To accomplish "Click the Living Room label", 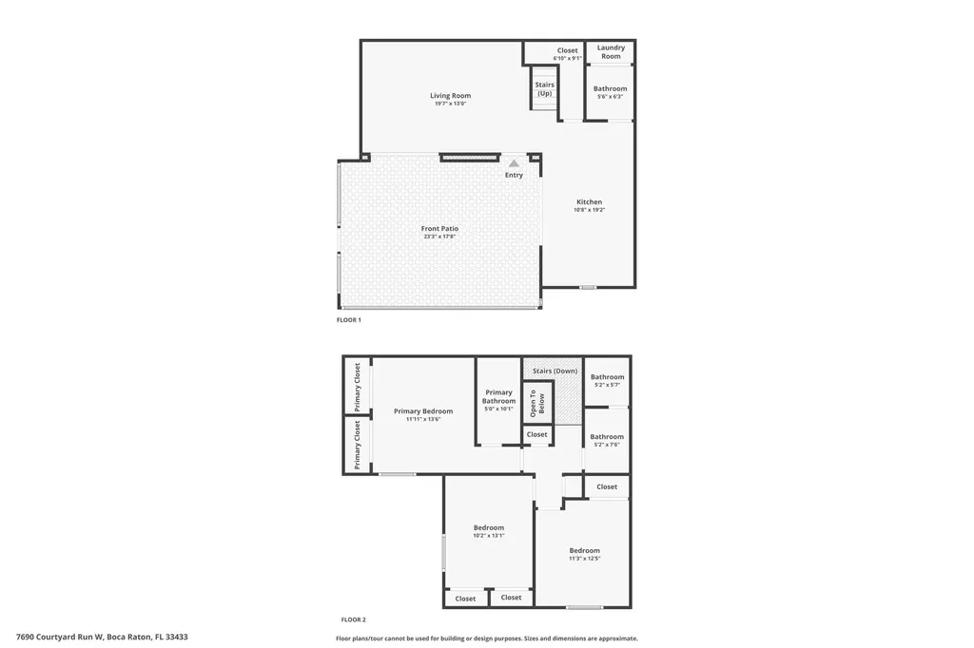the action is pyautogui.click(x=450, y=96).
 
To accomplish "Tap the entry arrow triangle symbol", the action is pyautogui.click(x=514, y=163).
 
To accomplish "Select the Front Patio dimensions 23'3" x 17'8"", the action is pyautogui.click(x=439, y=237).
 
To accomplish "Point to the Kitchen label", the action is pyautogui.click(x=589, y=201).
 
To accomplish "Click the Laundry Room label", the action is pyautogui.click(x=611, y=51).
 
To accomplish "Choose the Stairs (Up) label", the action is pyautogui.click(x=545, y=88).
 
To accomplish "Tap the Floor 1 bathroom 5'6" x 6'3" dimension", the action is pyautogui.click(x=610, y=97).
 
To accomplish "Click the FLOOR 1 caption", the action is pyautogui.click(x=348, y=320).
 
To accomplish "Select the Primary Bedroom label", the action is pyautogui.click(x=423, y=410).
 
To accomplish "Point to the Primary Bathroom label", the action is pyautogui.click(x=498, y=396).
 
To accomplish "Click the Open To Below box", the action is pyautogui.click(x=538, y=403).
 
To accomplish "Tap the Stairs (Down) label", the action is pyautogui.click(x=555, y=372).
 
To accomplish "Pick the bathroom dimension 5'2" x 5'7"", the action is pyautogui.click(x=607, y=385).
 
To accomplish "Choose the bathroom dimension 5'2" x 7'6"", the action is pyautogui.click(x=607, y=445).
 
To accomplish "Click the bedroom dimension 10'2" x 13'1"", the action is pyautogui.click(x=489, y=536).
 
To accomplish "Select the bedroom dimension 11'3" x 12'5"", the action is pyautogui.click(x=585, y=559).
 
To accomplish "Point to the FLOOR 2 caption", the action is pyautogui.click(x=354, y=619).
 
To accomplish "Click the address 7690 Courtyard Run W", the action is pyautogui.click(x=60, y=637).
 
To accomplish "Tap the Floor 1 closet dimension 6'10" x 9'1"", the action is pyautogui.click(x=567, y=58).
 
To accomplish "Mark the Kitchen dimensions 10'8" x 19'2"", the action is pyautogui.click(x=589, y=210).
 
